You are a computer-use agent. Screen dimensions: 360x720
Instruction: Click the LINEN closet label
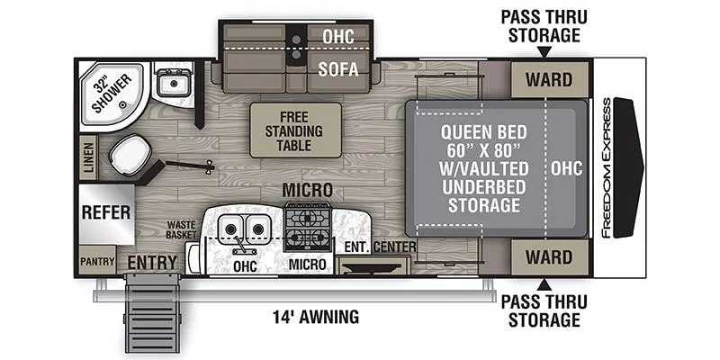click(x=87, y=157)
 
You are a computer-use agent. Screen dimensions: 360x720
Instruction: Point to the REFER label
click(x=106, y=213)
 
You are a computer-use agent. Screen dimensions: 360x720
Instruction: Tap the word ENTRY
click(x=151, y=262)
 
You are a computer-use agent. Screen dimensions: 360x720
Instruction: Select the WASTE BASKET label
click(x=182, y=229)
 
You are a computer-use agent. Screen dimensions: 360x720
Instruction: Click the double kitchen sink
click(x=244, y=229)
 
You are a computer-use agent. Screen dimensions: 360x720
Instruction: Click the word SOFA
click(x=337, y=69)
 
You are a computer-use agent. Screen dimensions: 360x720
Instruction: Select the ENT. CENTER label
click(x=380, y=247)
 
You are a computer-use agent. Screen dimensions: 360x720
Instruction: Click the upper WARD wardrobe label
click(x=548, y=79)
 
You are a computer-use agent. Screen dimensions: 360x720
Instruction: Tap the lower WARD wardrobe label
click(x=548, y=257)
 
